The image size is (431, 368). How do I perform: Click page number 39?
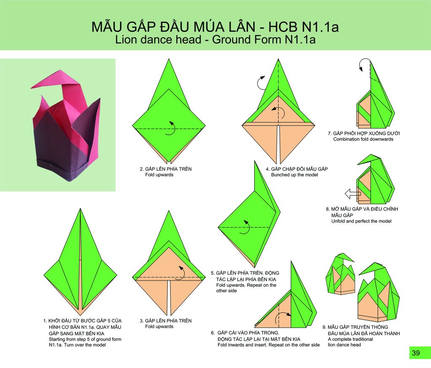coord(416,352)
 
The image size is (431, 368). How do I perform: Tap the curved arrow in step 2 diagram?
coord(170,128)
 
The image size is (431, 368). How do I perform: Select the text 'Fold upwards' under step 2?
coord(159,175)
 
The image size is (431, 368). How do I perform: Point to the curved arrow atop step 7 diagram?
coord(364,65)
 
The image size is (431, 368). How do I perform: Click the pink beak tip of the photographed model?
coord(31,88)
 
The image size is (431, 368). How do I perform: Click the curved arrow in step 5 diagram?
coord(245,227)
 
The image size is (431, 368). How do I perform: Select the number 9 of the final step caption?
coord(324,327)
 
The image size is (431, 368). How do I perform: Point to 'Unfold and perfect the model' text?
coord(361,221)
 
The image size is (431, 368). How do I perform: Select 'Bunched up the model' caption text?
coord(294,175)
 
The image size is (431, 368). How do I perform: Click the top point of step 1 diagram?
coord(80,209)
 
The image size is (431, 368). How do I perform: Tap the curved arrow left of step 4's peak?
coord(261,83)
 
